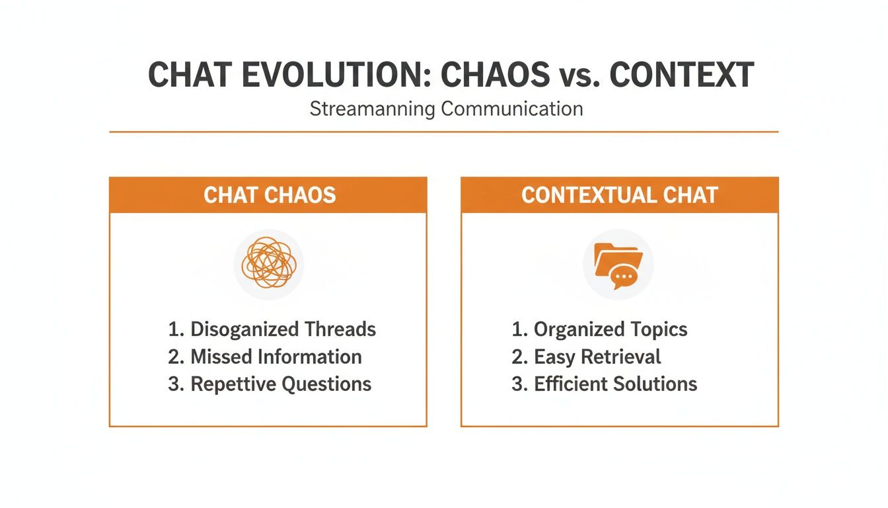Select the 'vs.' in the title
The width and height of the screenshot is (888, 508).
575,76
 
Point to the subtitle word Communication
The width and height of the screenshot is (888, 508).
512,108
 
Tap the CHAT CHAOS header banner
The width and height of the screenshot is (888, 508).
268,195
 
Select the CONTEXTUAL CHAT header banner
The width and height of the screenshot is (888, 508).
619,195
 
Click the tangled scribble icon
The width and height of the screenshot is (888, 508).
269,263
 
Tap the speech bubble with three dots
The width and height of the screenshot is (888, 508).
624,276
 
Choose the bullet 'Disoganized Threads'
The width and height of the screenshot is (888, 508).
272,329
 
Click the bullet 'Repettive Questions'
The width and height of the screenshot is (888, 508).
270,384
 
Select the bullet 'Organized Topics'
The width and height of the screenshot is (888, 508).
599,329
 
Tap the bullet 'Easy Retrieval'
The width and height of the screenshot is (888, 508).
586,357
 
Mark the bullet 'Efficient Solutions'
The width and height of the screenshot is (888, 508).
604,384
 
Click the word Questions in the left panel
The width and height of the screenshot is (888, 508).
326,384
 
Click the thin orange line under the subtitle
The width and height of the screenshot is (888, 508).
443,132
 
